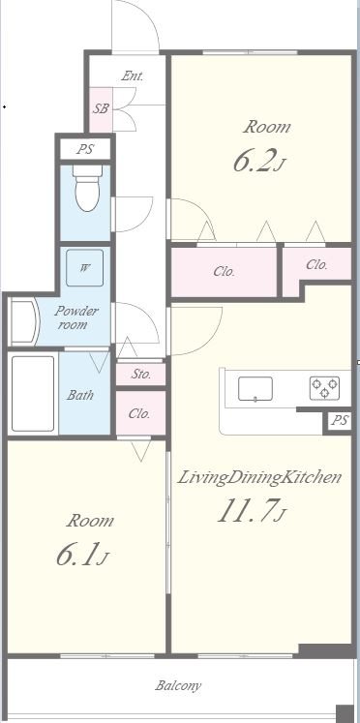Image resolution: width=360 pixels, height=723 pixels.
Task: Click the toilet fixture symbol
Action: tap(87, 187)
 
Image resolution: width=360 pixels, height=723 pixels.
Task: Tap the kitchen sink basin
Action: tap(255, 389)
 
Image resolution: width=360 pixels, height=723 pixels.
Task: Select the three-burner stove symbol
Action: tap(324, 388)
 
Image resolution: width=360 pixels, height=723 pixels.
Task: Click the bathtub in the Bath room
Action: tap(33, 393)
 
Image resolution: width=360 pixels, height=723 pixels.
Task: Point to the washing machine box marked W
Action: tap(84, 268)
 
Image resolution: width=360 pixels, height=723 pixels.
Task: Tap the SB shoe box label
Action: tap(101, 108)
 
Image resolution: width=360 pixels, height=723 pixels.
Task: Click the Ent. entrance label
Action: tap(133, 76)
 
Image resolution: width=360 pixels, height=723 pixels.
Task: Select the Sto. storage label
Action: tap(140, 374)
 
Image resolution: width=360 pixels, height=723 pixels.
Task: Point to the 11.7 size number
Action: tap(253, 511)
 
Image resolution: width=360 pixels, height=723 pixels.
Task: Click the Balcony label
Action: tap(178, 685)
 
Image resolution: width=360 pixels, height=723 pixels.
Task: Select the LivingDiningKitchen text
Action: tap(259, 477)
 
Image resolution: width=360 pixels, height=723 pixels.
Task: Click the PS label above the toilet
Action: tap(85, 149)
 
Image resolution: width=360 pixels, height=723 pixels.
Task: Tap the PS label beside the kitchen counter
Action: tap(340, 421)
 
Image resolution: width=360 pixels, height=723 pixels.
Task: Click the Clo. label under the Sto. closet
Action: tap(139, 413)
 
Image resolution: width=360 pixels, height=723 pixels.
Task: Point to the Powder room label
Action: tap(76, 317)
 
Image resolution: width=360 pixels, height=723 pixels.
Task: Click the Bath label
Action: tap(80, 395)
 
